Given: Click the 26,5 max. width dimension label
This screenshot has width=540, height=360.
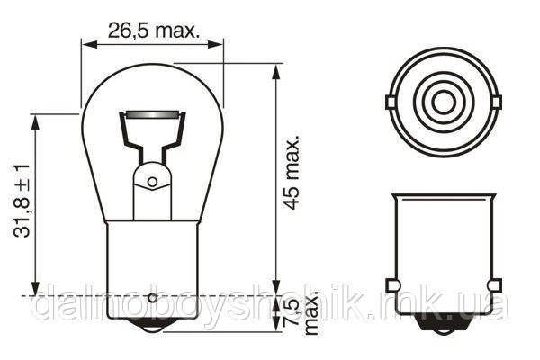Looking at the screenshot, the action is pos(153,31).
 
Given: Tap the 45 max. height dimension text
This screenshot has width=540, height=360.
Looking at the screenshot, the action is pos(292,173).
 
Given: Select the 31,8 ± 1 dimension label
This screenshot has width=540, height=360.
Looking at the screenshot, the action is pos(22,202).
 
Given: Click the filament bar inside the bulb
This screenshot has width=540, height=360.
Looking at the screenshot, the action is pos(153,114).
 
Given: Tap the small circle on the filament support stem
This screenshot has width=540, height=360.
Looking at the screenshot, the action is pos(152,182).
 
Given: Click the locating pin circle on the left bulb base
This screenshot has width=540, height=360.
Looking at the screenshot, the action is pos(153,298).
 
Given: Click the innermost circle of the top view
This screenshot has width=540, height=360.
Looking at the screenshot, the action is pos(443,102).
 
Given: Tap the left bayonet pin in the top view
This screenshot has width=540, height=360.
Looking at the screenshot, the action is pos(390,103).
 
